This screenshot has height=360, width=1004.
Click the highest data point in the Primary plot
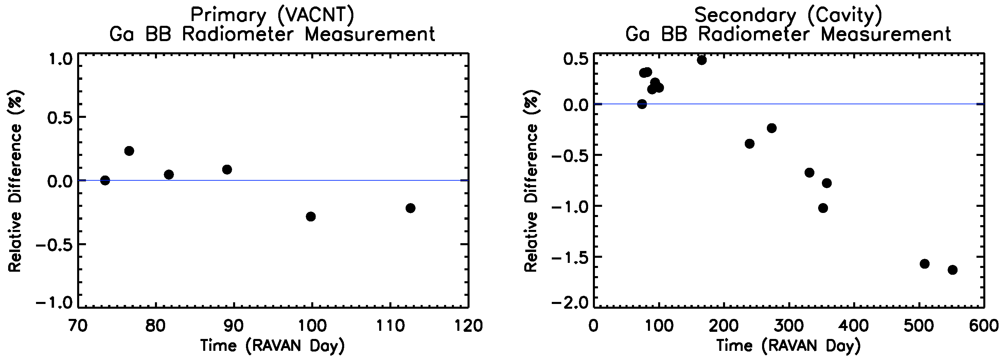coord(129,151)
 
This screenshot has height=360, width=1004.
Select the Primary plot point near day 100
coord(311,216)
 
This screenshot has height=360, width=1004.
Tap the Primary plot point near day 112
coord(410,208)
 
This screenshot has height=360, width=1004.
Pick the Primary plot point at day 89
coord(227,169)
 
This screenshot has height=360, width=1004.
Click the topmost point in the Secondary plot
coord(702,60)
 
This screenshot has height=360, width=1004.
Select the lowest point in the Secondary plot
coord(953,270)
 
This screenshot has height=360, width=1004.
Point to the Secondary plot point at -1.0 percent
coord(823,208)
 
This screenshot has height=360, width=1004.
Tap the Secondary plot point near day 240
coord(750,144)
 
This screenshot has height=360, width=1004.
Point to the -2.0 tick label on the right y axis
coord(569,303)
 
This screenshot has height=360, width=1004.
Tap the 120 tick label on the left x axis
coord(469,326)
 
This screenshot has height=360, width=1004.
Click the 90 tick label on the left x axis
coord(234,326)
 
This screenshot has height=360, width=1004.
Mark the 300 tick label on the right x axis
coord(789,326)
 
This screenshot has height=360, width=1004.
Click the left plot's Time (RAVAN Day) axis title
coord(272,346)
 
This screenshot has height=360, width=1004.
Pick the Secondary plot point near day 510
coord(924,264)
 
